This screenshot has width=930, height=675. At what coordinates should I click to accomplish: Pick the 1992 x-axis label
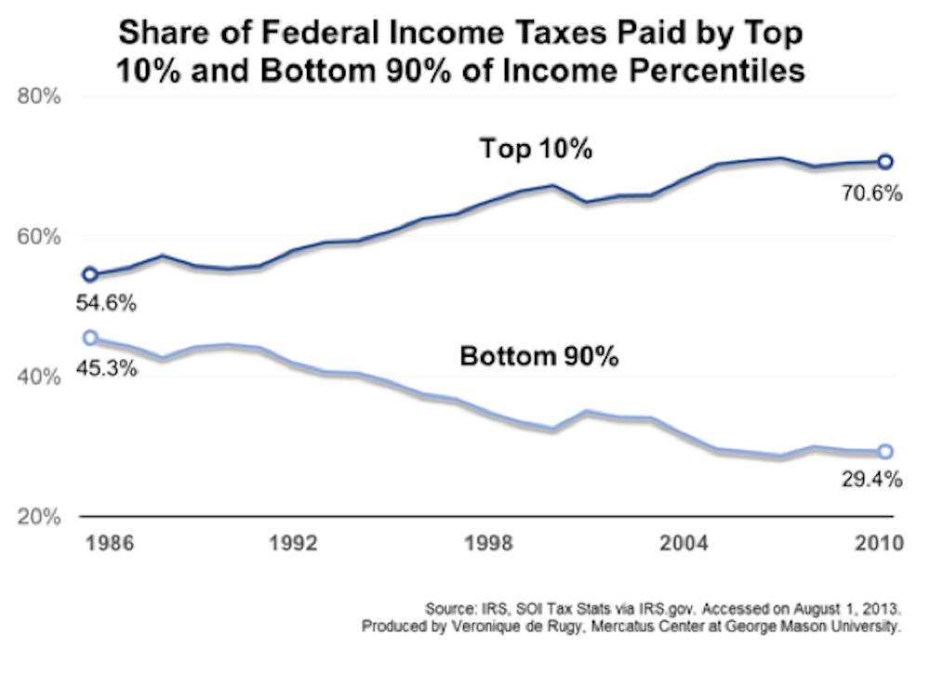click(288, 545)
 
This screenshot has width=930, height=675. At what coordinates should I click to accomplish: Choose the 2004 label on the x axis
click(686, 545)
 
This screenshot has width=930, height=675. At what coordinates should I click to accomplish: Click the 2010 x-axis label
click(880, 545)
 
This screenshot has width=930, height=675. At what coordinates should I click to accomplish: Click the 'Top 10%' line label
click(536, 149)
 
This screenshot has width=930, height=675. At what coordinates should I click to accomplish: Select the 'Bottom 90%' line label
click(539, 356)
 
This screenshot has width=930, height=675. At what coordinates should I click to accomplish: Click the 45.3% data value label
click(108, 368)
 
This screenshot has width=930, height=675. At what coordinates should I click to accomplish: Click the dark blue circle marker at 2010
click(885, 162)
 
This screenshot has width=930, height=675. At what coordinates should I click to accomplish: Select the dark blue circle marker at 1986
click(90, 274)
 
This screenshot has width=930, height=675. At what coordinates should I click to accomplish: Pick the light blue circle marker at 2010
click(885, 452)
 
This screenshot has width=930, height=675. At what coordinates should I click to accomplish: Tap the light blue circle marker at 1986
click(90, 337)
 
